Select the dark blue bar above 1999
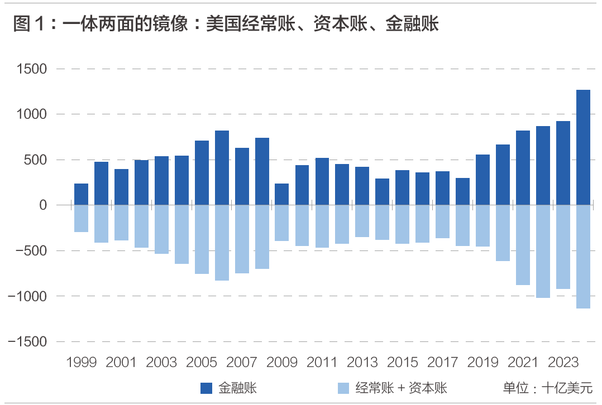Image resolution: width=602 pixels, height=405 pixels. point(81,194)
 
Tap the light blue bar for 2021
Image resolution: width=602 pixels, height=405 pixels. point(523,245)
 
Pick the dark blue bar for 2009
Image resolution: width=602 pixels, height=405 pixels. point(282,194)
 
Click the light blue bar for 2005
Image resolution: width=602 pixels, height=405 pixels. point(202,239)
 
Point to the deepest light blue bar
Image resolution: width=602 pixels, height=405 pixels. point(583,257)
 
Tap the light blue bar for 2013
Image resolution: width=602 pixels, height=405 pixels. point(362,221)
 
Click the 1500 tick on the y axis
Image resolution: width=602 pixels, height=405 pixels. point(32,69)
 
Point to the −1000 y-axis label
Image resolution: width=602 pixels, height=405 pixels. point(28,296)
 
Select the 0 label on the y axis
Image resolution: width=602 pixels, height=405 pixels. point(43,205)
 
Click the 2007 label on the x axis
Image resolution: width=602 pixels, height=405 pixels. point(242,362)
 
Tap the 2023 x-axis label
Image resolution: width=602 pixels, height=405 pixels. point(563,362)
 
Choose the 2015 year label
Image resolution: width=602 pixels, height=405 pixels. point(402,362)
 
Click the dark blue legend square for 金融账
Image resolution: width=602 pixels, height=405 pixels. point(207,388)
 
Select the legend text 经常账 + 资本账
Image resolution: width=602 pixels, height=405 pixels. point(401,388)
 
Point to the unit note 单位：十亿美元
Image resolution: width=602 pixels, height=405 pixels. point(547,388)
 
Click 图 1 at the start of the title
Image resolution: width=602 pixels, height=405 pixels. point(28,24)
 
